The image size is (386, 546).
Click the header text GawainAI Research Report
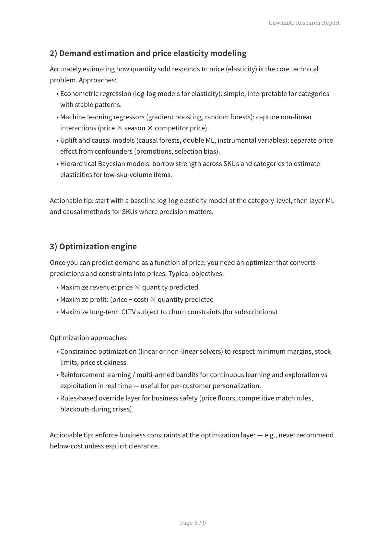[304, 23]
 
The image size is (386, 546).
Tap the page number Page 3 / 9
[193, 523]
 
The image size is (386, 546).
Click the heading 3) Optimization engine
[93, 246]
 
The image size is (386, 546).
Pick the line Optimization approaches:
[88, 338]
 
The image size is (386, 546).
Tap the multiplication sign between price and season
[120, 128]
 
